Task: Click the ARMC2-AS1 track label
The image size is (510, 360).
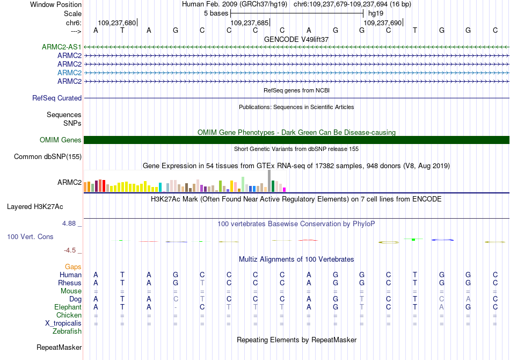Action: [x=62, y=47]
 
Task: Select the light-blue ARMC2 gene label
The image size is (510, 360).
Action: [x=70, y=73]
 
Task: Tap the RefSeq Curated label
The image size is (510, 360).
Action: [x=57, y=98]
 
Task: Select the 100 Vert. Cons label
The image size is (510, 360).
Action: [x=30, y=236]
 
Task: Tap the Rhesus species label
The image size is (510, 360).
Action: [x=70, y=283]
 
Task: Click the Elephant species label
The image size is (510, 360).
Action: [x=68, y=307]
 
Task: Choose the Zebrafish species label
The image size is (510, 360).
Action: [x=67, y=332]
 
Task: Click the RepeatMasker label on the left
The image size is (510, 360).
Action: [x=59, y=348]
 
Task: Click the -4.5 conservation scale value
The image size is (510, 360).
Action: [x=71, y=250]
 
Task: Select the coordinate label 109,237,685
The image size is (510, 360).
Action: [x=249, y=23]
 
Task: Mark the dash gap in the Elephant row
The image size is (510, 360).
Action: [x=176, y=307]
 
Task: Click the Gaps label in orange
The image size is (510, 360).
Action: [x=73, y=267]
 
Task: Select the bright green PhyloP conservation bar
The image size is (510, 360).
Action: [x=413, y=239]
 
